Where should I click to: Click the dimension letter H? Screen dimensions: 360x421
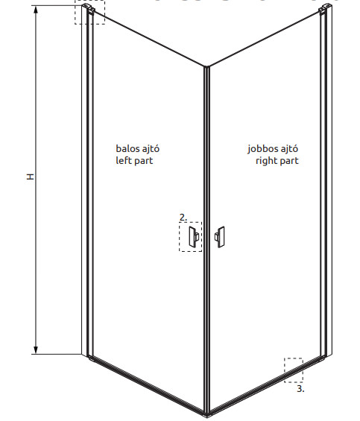31,177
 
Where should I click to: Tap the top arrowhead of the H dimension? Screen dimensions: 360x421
36,10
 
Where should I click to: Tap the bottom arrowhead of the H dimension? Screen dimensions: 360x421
36,350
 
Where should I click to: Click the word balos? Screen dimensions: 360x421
127,148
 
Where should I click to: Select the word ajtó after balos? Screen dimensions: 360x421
151,149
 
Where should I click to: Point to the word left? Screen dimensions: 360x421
123,160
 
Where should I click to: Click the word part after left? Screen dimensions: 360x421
143,161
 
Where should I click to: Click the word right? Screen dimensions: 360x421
265,161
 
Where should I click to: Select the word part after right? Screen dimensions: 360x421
288,161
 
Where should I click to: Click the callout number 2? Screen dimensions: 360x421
183,218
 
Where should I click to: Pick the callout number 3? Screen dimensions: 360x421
300,388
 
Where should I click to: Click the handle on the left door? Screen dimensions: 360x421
194,237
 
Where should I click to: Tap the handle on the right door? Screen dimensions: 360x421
219,237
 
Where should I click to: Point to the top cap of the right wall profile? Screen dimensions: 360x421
326,7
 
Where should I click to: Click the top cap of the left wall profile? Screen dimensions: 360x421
89,8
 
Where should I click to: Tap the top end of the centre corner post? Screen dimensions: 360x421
206,67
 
